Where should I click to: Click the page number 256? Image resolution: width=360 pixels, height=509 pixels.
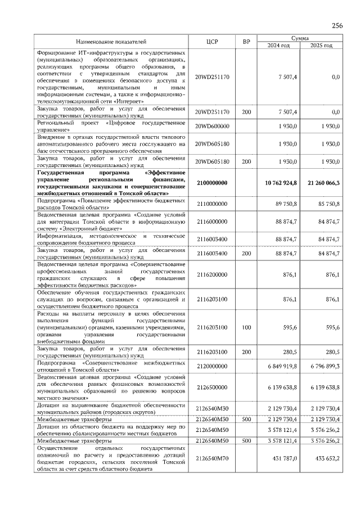337,26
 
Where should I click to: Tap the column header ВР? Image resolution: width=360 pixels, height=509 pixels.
246,42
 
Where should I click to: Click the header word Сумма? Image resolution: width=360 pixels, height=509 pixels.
299,38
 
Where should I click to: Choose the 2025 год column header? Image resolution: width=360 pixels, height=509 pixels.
321,45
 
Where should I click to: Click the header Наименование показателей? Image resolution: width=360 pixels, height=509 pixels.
111,42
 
